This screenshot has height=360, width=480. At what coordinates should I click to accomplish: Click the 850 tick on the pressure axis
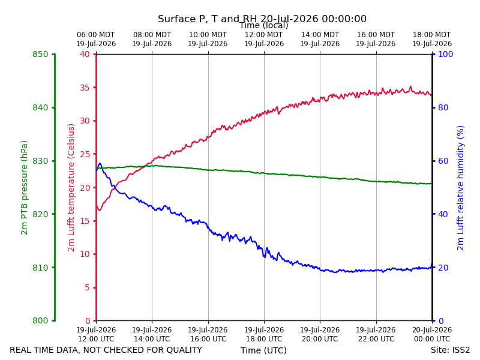tap(40, 54)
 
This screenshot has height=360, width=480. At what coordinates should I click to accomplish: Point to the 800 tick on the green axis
tap(40, 320)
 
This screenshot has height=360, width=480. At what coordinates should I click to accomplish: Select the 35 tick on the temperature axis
tap(85, 88)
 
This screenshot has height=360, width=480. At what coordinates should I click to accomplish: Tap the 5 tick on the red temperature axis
tap(88, 287)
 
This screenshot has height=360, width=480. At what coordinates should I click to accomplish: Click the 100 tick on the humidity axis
tap(446, 54)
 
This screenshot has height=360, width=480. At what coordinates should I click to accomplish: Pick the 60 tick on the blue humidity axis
tap(443, 161)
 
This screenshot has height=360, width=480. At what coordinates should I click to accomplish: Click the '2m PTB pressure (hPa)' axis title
tap(24, 188)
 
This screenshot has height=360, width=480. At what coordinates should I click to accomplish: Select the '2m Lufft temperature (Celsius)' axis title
tap(71, 188)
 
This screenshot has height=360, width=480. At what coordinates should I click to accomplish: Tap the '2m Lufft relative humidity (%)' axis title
tap(460, 188)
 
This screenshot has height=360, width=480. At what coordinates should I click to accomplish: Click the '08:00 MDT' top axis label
tap(152, 35)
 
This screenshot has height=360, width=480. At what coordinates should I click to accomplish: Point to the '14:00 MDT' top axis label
tap(320, 35)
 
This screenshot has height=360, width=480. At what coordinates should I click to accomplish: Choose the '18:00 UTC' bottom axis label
tap(264, 339)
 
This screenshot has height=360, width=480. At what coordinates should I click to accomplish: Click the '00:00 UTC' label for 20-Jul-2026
tap(432, 339)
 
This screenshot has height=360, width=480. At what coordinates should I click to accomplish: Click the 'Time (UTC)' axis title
tap(263, 350)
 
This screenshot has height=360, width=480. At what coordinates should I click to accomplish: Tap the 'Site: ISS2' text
tap(451, 350)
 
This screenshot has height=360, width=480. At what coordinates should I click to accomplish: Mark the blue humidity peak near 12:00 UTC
tap(100, 163)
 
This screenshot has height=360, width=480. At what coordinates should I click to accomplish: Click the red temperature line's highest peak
tap(410, 86)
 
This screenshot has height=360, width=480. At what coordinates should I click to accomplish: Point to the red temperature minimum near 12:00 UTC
tap(99, 211)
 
